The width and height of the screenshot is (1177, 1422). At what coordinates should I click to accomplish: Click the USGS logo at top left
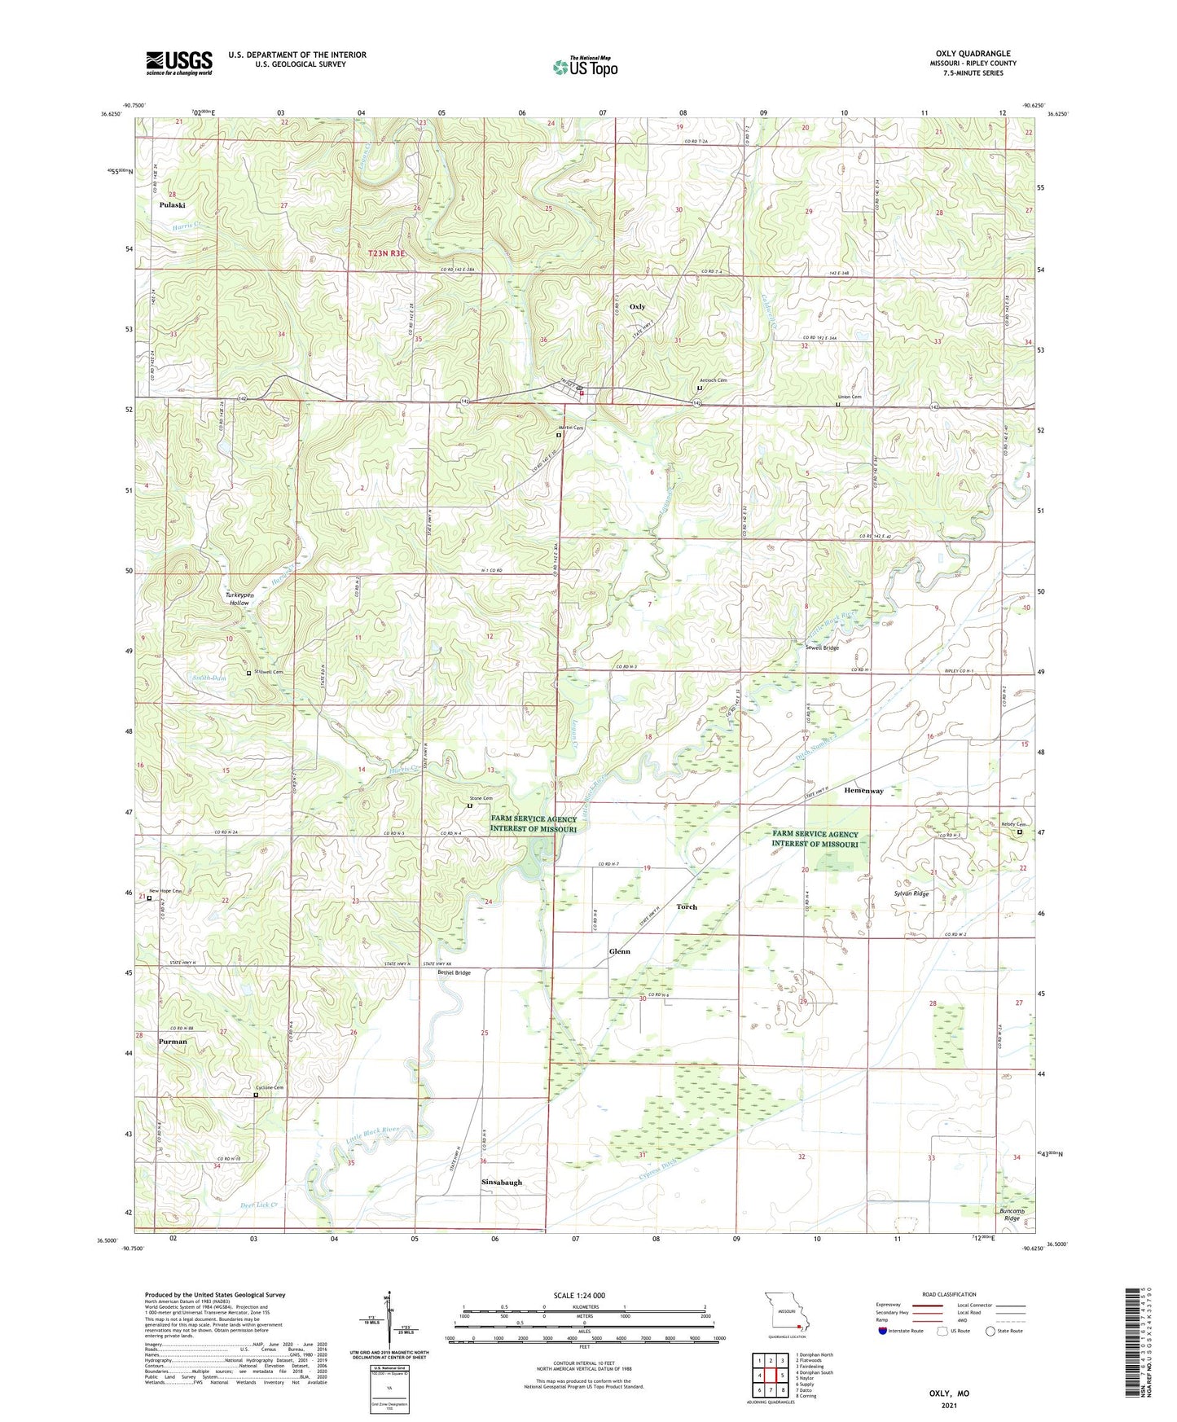[x=178, y=63]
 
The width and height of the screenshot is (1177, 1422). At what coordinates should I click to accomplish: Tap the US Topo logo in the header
[x=585, y=67]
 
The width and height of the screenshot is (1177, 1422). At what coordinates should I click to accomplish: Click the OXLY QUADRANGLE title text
[x=973, y=54]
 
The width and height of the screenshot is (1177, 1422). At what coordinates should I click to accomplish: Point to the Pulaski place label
[x=172, y=205]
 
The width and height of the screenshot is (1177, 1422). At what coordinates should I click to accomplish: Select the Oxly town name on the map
[x=637, y=307]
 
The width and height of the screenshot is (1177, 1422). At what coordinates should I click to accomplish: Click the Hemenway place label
[x=863, y=791]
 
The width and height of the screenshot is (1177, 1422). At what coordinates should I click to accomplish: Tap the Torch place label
[x=687, y=906]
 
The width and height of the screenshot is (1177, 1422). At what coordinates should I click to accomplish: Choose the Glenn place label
[x=619, y=951]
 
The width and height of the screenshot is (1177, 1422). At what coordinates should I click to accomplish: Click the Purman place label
[x=173, y=1042]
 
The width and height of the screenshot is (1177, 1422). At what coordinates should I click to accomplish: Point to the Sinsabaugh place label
[x=501, y=1182]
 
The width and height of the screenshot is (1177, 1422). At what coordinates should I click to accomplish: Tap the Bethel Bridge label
[x=454, y=972]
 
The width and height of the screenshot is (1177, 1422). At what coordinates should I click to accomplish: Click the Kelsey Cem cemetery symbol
[x=1019, y=832]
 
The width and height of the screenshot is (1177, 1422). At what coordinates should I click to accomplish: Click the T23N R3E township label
[x=386, y=254]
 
